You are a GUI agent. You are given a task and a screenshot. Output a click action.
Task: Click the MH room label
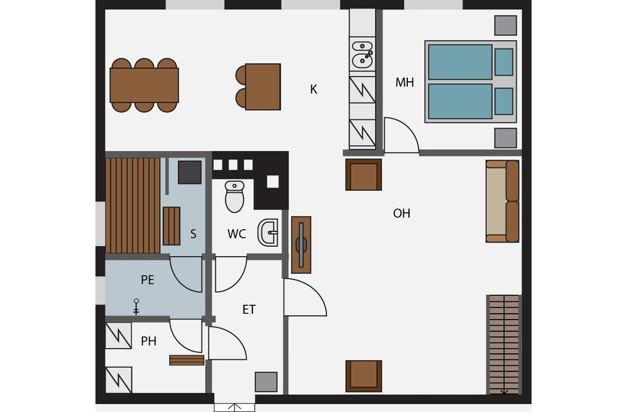click(404, 82)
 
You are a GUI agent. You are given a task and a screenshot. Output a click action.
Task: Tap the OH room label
click(402, 213)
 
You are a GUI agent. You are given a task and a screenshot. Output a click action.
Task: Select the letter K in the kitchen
click(313, 89)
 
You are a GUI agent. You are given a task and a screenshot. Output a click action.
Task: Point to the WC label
click(236, 234)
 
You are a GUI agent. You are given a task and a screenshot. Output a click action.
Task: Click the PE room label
click(147, 280)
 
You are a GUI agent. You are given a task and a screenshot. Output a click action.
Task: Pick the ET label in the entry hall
click(249, 309)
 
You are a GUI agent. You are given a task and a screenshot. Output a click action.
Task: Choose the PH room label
click(149, 341)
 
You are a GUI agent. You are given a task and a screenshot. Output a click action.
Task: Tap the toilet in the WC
click(234, 196)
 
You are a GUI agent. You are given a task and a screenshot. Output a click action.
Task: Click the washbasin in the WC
click(268, 232)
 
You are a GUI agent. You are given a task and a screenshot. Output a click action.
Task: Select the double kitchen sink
click(362, 54)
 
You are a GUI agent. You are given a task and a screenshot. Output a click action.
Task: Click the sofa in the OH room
click(503, 201)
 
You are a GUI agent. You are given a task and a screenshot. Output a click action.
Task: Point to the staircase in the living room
click(504, 344)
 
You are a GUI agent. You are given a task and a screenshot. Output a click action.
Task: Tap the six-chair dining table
click(144, 85)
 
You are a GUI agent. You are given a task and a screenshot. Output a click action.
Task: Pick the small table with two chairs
click(258, 87)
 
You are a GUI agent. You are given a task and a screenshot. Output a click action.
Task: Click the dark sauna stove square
click(190, 172)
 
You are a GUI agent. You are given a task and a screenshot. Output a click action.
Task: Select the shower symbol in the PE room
click(136, 306)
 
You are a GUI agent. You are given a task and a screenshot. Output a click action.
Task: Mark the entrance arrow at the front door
click(234, 407)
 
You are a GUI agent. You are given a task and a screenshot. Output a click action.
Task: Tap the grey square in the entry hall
click(266, 382)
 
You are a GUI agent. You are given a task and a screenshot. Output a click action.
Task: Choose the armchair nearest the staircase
click(363, 376)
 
